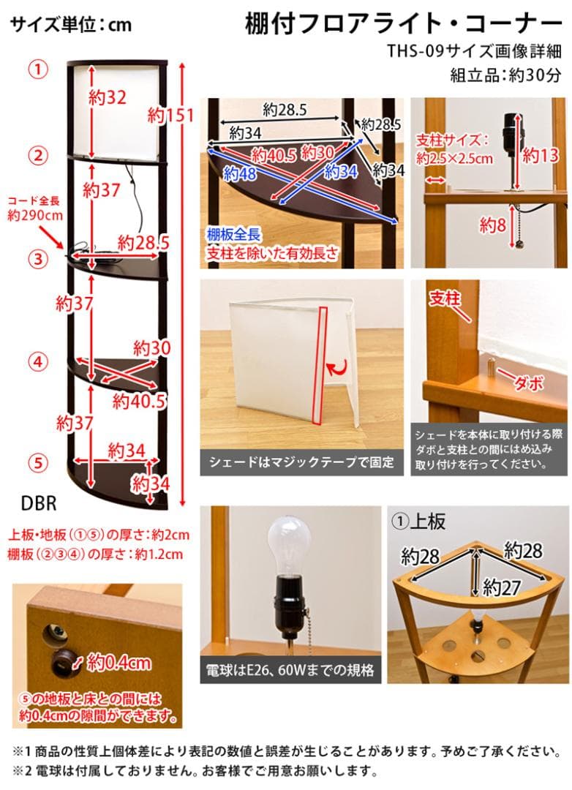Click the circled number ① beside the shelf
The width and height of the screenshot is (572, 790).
point(38,69)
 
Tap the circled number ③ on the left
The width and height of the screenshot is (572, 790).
point(38,258)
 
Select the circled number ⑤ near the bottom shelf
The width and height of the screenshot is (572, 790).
point(38,462)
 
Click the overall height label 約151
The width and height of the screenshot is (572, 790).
point(170,115)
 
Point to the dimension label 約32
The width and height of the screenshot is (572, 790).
point(107,97)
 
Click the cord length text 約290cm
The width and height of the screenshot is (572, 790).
point(34,216)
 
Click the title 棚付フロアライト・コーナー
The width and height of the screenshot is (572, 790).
point(404,23)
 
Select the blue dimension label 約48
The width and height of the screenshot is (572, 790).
point(241,174)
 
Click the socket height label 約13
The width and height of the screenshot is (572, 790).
point(540,154)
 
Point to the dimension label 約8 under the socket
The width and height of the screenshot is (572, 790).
point(493,225)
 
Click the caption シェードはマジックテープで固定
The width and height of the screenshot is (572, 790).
point(301,462)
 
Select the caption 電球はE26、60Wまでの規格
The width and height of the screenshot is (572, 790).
point(290,669)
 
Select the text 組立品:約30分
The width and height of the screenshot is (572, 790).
point(505,74)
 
